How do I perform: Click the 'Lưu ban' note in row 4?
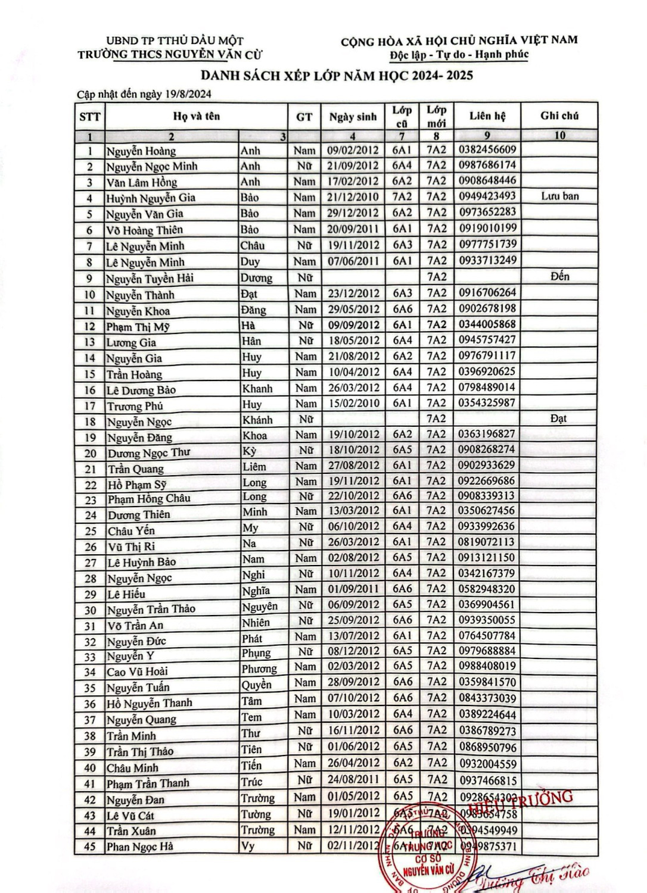coord(559,196)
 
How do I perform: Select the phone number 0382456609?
coord(487,149)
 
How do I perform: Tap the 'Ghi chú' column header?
coord(559,115)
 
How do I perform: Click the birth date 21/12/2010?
coord(353,197)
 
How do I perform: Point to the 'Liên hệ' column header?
coord(487,115)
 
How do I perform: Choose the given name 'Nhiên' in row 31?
coord(256,623)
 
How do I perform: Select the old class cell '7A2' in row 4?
coord(402,196)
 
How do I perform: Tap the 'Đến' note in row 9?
coord(559,276)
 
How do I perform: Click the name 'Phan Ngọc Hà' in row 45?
coord(139,846)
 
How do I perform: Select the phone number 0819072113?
coord(487,542)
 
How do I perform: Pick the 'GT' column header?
coord(304,117)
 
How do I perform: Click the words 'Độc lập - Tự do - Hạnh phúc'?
coord(459,55)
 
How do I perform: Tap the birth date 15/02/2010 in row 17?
coord(353,403)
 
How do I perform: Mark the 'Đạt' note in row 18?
coord(558,419)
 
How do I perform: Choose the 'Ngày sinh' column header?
coord(353,117)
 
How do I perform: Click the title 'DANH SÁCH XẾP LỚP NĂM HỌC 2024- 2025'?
coord(337,75)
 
